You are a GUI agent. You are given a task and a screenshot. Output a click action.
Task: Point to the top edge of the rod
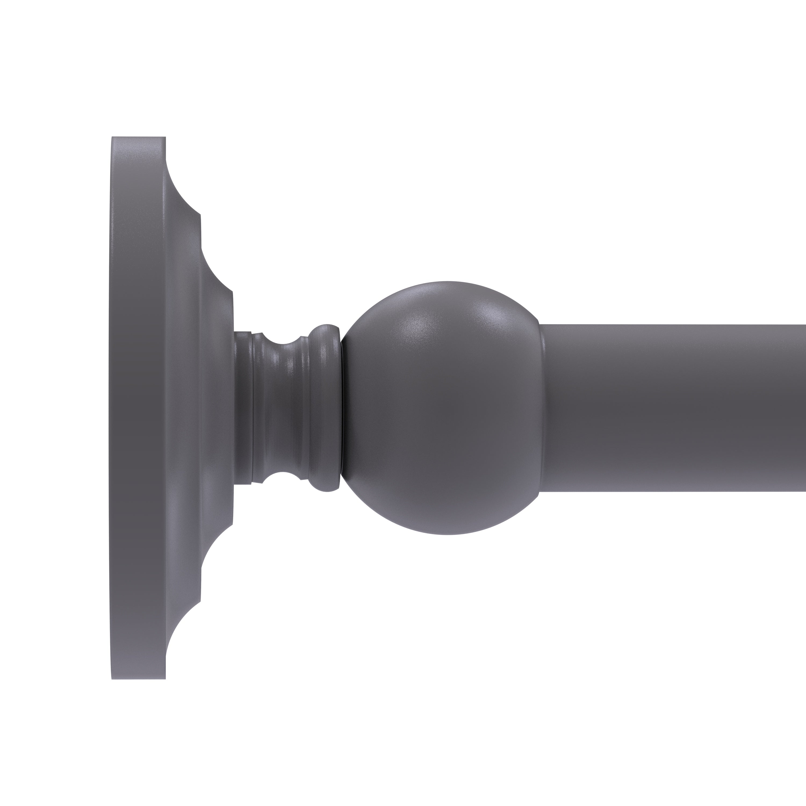[676, 325]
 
